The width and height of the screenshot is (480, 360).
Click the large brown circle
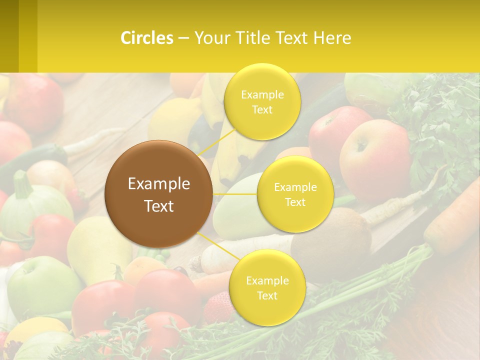pyautogui.click(x=158, y=194)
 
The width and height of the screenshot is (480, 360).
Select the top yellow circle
pyautogui.click(x=262, y=101)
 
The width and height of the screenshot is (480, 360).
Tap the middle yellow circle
pyautogui.click(x=295, y=194)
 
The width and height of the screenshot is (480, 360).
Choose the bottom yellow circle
pyautogui.click(x=267, y=287)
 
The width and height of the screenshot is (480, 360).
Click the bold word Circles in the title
pyautogui.click(x=147, y=38)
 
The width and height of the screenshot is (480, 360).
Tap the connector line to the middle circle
pyautogui.click(x=235, y=194)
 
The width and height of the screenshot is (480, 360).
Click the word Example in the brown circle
pyautogui.click(x=158, y=184)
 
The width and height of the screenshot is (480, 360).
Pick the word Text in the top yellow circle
pyautogui.click(x=262, y=110)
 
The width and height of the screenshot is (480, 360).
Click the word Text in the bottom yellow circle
pyautogui.click(x=267, y=295)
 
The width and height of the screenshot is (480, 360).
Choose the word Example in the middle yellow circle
pyautogui.click(x=295, y=187)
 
